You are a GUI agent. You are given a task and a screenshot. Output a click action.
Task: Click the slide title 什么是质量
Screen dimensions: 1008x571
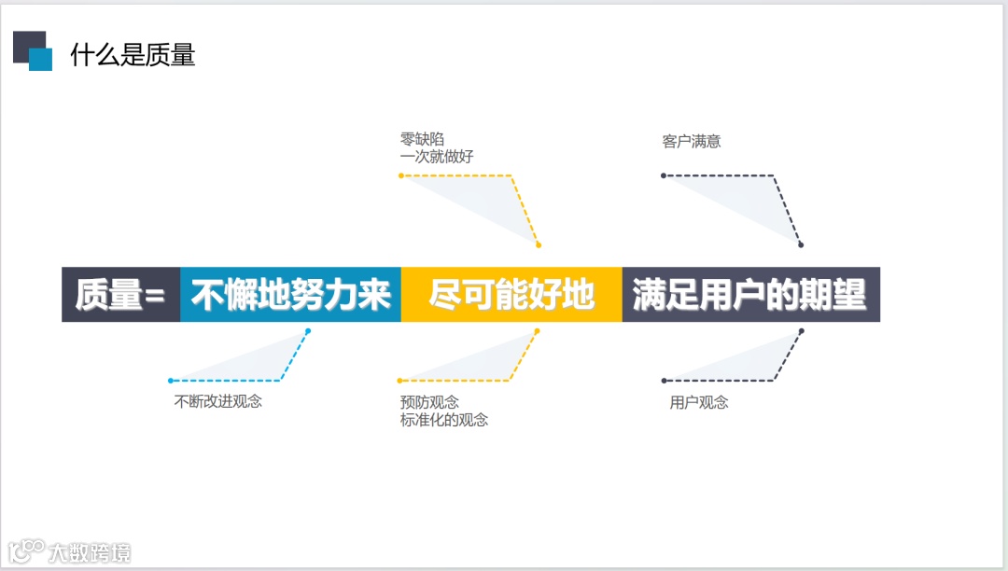coord(133,55)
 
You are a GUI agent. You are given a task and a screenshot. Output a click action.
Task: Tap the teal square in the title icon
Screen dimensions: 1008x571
coord(41,59)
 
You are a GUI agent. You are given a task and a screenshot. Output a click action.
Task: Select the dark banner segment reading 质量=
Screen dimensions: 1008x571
coord(120,295)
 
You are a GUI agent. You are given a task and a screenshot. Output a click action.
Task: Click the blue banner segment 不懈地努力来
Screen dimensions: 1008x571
coord(290,295)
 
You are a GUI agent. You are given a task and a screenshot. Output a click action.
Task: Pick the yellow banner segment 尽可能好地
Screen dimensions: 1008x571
coord(511,295)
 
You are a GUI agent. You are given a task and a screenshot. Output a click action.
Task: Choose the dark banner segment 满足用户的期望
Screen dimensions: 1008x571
coord(750,295)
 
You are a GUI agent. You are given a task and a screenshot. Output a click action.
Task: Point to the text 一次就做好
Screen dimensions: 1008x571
coord(437,157)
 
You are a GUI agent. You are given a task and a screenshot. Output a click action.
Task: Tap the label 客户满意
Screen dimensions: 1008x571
coord(692,142)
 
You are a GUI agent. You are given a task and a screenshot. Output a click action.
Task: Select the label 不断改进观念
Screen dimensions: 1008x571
coord(218,402)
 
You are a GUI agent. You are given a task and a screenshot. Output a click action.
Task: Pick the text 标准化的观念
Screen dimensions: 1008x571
coord(444,420)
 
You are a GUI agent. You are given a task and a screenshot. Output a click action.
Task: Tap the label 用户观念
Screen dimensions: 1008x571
coord(699,402)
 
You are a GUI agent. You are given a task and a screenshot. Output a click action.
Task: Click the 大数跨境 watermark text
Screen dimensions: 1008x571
coord(90,552)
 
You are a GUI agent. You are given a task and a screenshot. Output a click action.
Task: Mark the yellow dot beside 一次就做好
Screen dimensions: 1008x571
coord(401,175)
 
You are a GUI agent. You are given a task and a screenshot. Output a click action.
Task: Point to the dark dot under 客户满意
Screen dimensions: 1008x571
coord(664,175)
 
